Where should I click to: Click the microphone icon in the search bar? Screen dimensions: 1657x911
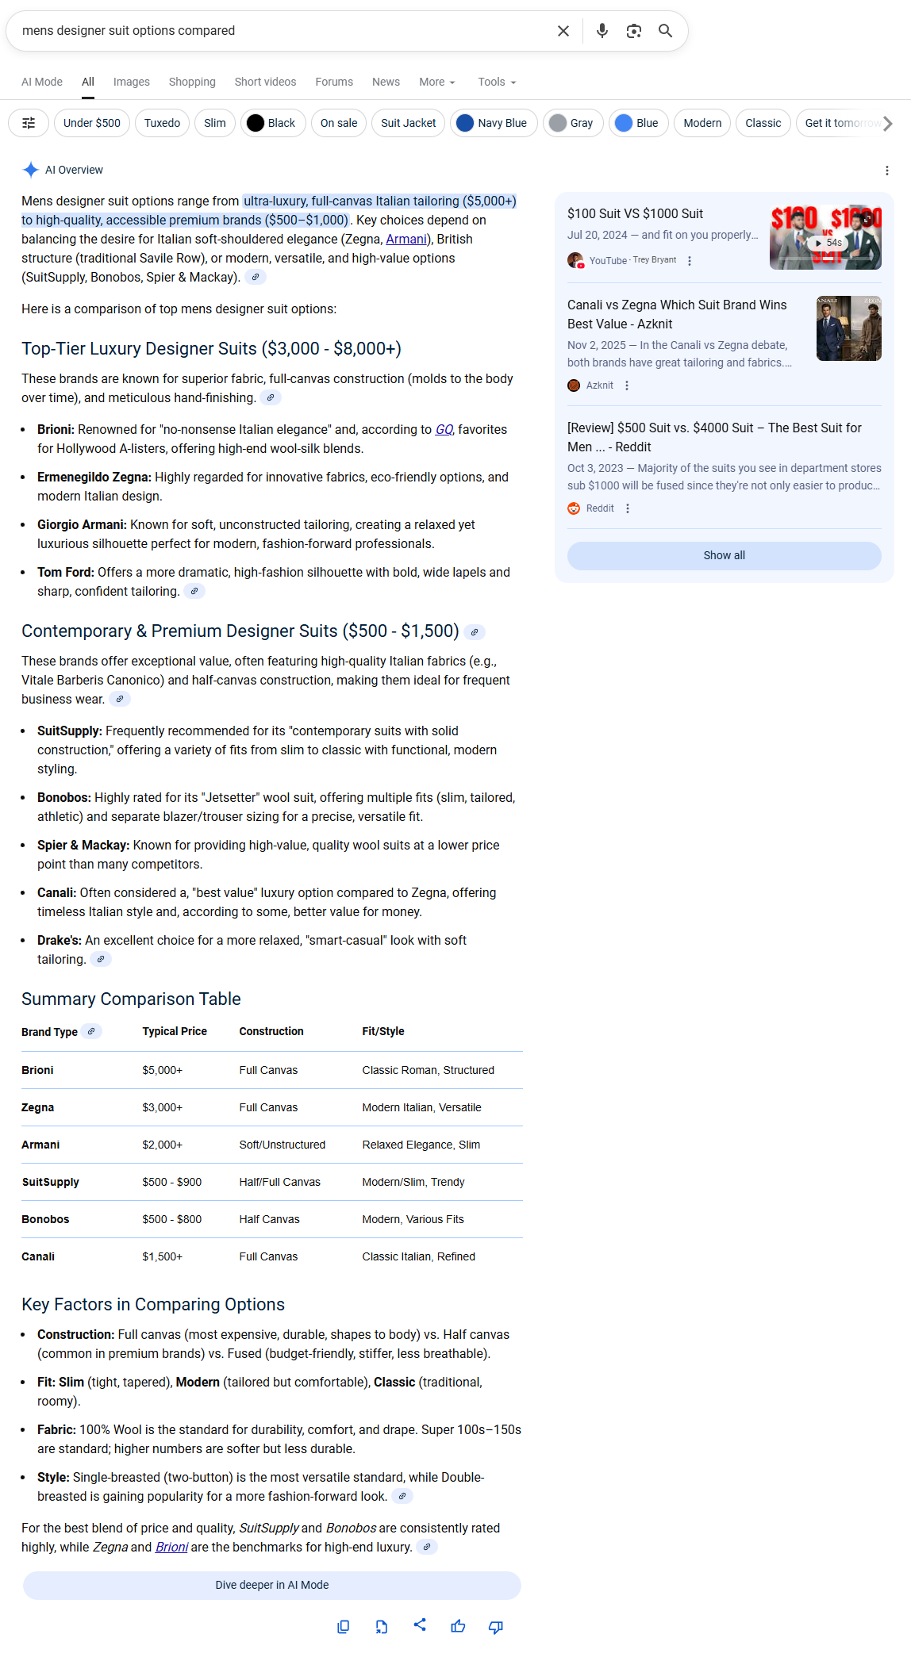coord(602,31)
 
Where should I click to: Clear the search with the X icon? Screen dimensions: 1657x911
coord(563,31)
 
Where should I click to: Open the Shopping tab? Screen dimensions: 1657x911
coord(192,82)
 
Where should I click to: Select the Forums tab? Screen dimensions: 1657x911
coord(334,82)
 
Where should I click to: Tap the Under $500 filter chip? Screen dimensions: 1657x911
coord(92,123)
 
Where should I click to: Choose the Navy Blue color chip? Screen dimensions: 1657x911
coord(494,123)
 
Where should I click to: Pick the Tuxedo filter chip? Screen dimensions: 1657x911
coord(162,123)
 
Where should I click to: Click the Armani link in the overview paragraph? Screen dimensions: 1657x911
coord(406,239)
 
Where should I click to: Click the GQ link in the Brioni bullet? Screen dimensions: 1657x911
coord(444,429)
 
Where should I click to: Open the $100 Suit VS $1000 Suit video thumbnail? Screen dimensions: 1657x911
coord(825,237)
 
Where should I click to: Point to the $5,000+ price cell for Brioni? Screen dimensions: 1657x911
coord(163,1070)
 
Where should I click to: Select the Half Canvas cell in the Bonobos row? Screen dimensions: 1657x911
coord(270,1219)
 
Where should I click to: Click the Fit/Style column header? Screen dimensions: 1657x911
coord(383,1031)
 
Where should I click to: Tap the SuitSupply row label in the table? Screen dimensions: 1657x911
coord(51,1182)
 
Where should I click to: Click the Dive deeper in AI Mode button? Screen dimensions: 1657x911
coord(272,1585)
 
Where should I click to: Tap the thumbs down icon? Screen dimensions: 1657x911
coord(496,1627)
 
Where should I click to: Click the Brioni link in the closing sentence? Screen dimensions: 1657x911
coord(171,1547)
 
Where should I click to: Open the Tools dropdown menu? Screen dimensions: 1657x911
coord(497,82)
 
